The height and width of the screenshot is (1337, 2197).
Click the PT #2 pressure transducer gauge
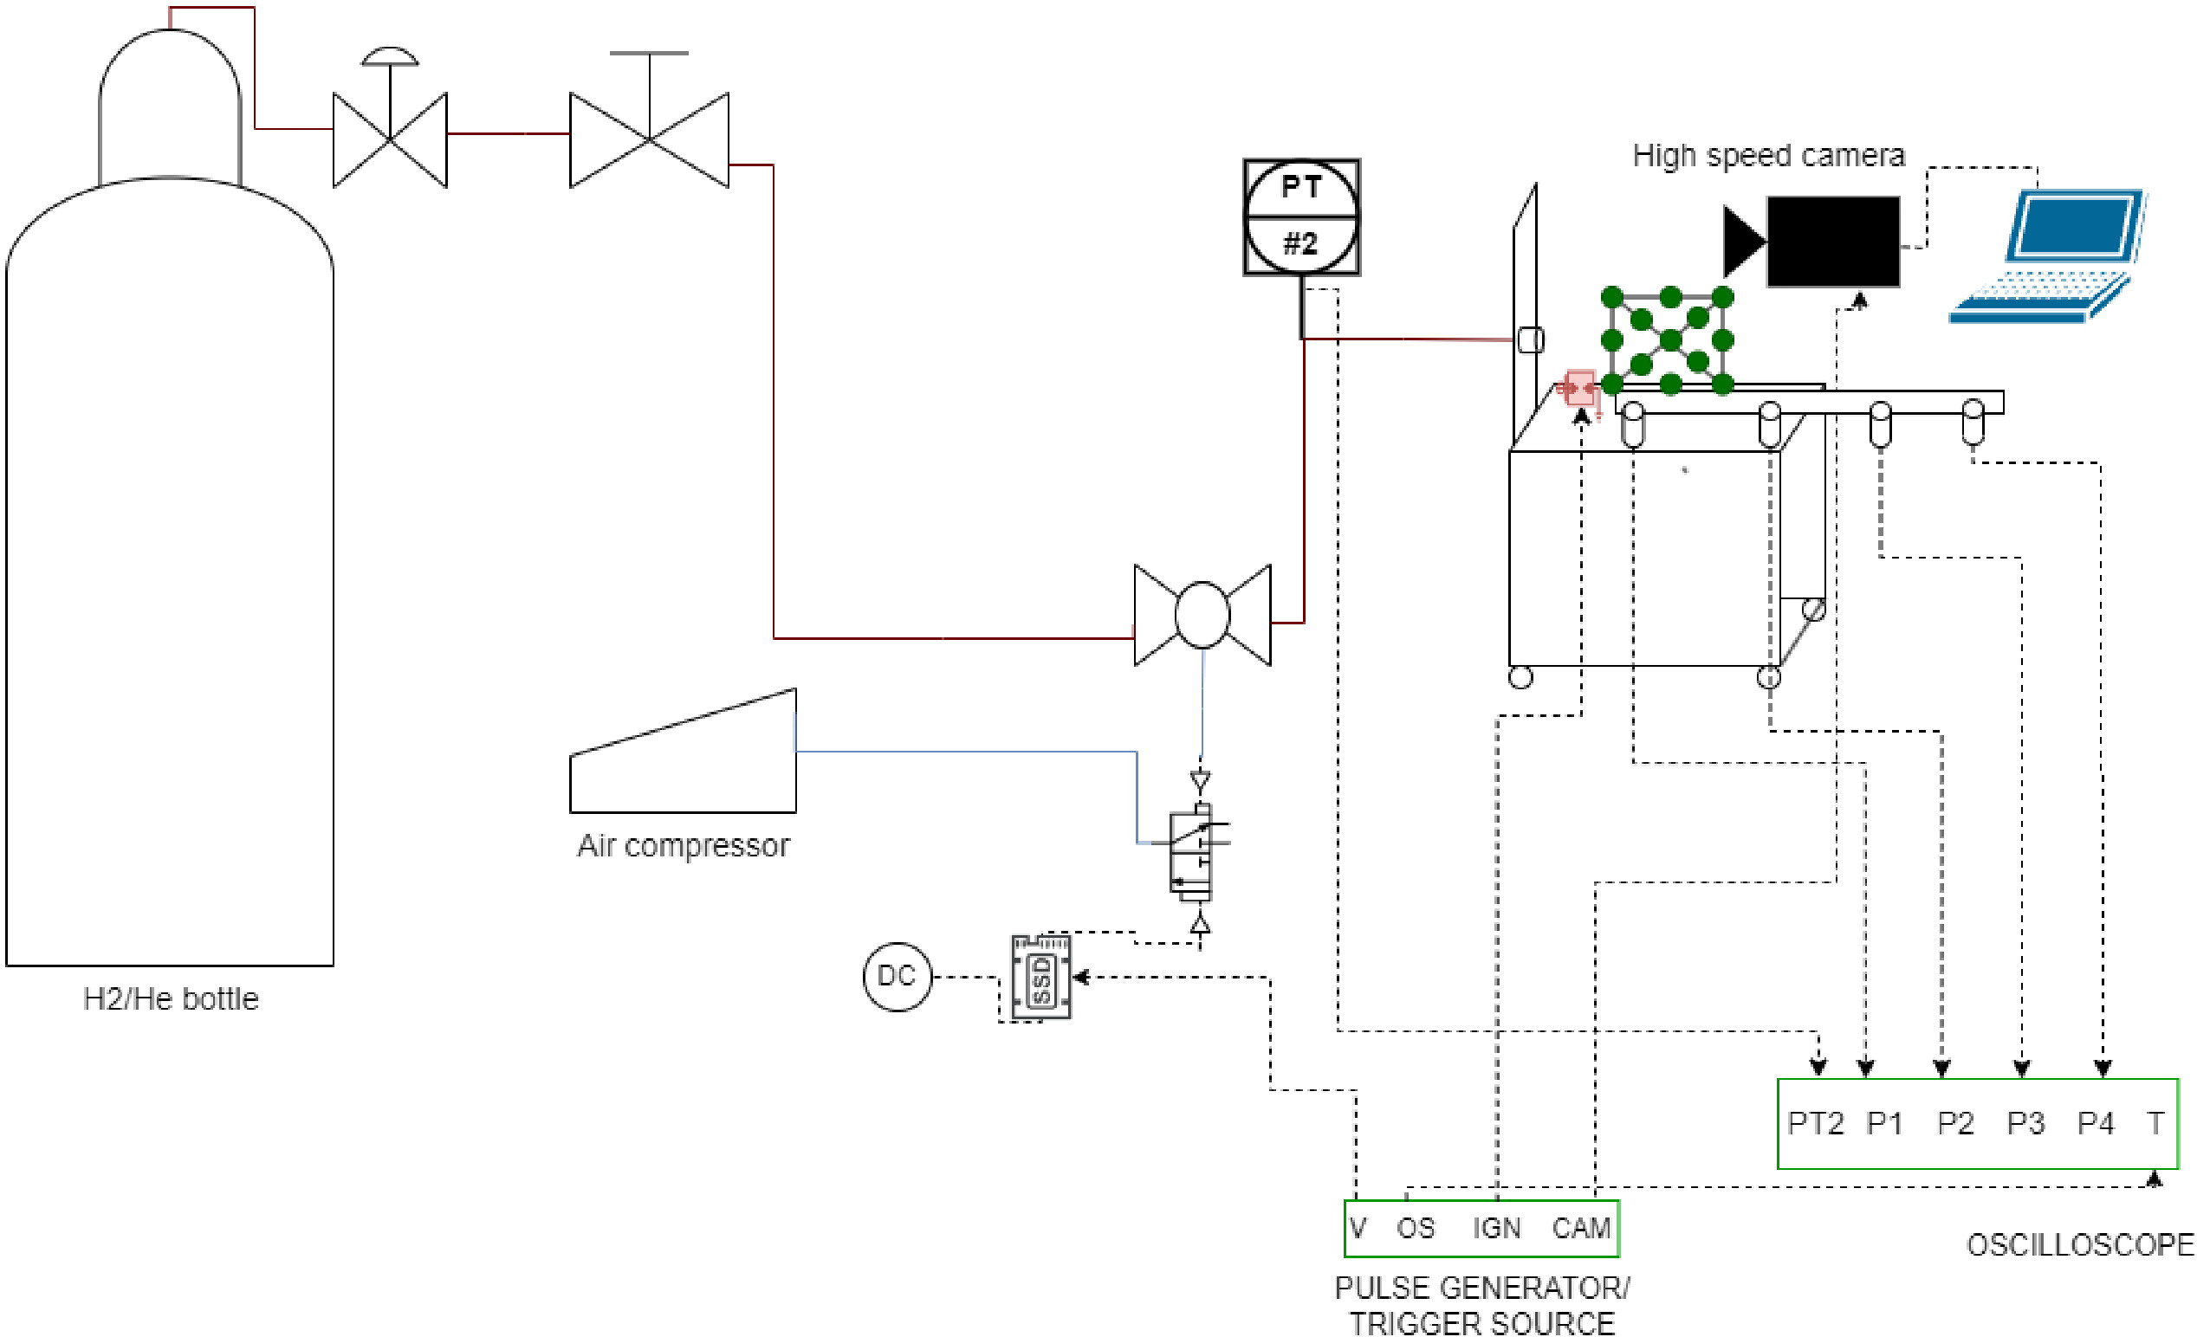coord(1302,216)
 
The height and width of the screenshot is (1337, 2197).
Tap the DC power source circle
coord(897,977)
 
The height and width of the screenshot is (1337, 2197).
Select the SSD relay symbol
coord(1041,977)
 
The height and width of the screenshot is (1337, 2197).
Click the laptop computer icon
coord(2047,255)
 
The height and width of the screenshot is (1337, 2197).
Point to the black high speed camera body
coord(1833,242)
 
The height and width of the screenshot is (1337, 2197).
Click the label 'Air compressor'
coord(684,845)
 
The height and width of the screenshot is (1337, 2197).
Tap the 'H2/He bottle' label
coord(171,998)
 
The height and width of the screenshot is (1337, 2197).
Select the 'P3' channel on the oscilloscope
coord(2025,1123)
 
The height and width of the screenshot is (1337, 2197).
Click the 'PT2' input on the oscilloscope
coord(1815,1123)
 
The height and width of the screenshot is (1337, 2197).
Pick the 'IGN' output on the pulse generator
coord(1496,1228)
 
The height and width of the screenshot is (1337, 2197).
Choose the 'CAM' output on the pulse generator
coord(1581,1228)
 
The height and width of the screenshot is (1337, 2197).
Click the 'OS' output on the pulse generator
coord(1416,1228)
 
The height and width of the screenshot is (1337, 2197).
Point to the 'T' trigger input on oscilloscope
coord(2155,1123)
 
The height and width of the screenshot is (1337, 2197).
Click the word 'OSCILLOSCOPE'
coord(2080,1244)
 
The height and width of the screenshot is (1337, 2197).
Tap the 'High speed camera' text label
coord(1769,155)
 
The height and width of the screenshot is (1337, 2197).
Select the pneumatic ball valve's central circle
coord(1202,614)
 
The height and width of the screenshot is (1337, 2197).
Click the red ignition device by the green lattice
coord(1580,390)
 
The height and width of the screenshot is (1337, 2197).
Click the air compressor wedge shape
coord(683,751)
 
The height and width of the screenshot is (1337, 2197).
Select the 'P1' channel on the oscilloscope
coord(1885,1123)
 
